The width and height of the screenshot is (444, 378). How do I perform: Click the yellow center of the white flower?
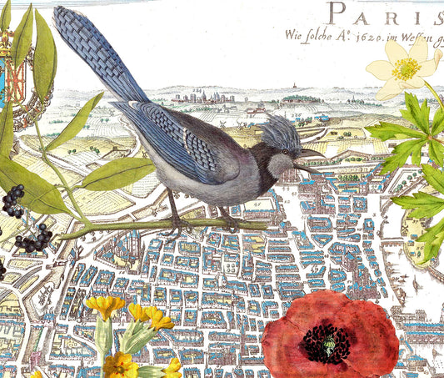[x=407, y=69]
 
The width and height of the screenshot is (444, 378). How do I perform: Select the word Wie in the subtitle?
[x=296, y=36]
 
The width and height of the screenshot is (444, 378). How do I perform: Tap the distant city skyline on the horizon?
[x=208, y=97]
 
